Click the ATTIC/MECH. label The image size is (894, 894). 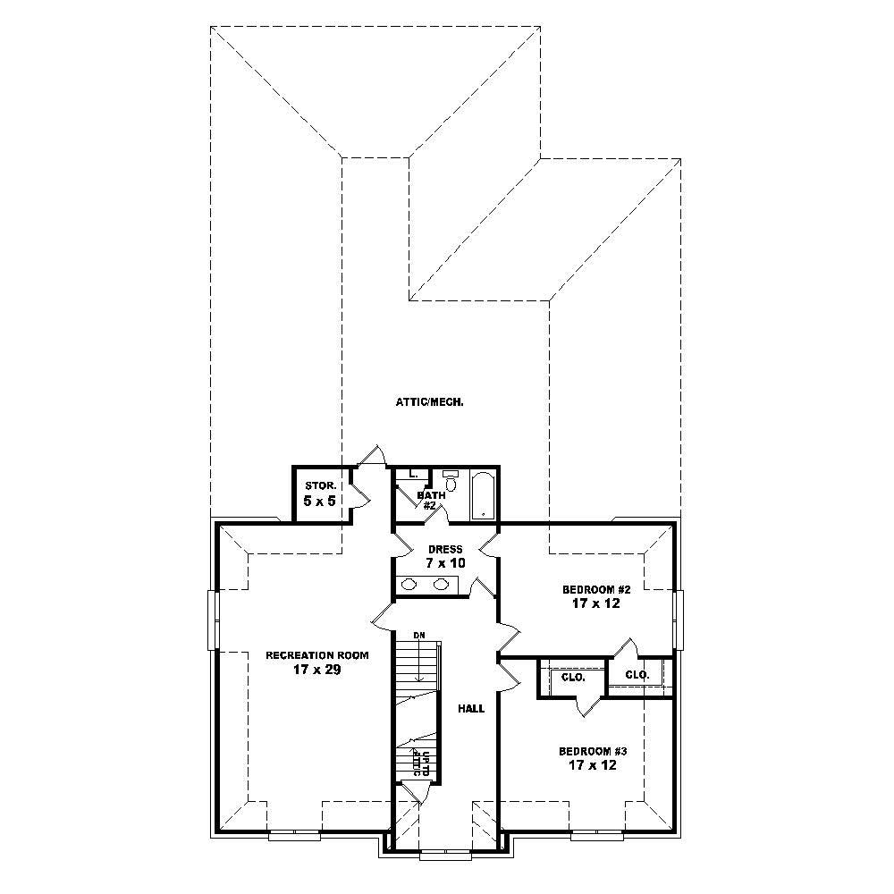coord(429,402)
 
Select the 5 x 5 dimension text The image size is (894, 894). coord(319,501)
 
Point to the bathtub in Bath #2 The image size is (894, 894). coord(483,494)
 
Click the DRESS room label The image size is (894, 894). coord(444,549)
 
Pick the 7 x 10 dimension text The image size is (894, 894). coord(444,564)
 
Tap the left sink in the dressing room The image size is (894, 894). coord(409,585)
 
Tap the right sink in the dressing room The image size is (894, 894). coord(441,585)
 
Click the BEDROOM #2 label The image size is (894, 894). coord(585,590)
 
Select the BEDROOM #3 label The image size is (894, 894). coord(586,751)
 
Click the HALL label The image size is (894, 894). coord(471,709)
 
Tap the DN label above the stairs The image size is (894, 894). coord(418,636)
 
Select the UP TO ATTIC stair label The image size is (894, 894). coord(421,763)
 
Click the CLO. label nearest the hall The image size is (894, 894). coord(573,677)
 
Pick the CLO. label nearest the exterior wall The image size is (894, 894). coord(637,675)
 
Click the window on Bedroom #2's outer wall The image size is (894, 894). coord(679,619)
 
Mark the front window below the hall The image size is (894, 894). coord(444,854)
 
